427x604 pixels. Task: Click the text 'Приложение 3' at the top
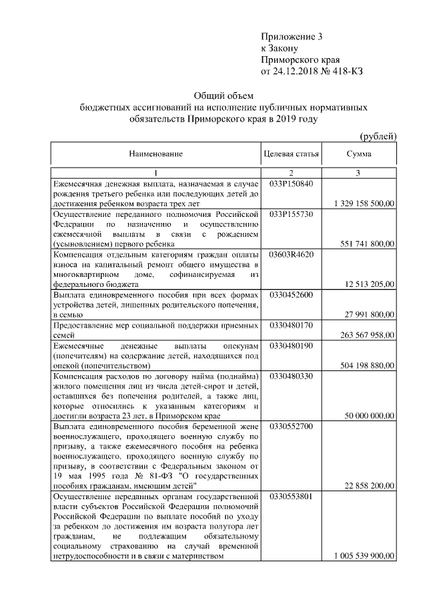coord(294,37)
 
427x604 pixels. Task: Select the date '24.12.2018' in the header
coord(295,70)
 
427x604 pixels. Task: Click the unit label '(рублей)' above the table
coord(378,136)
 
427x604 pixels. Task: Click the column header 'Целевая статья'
coord(292,154)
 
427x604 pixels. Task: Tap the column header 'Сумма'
coord(359,154)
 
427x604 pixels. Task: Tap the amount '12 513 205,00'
coord(369,284)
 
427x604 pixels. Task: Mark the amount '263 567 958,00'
coord(367,335)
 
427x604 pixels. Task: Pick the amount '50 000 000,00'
coord(369,416)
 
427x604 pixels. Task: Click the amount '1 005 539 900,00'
coord(363,557)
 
